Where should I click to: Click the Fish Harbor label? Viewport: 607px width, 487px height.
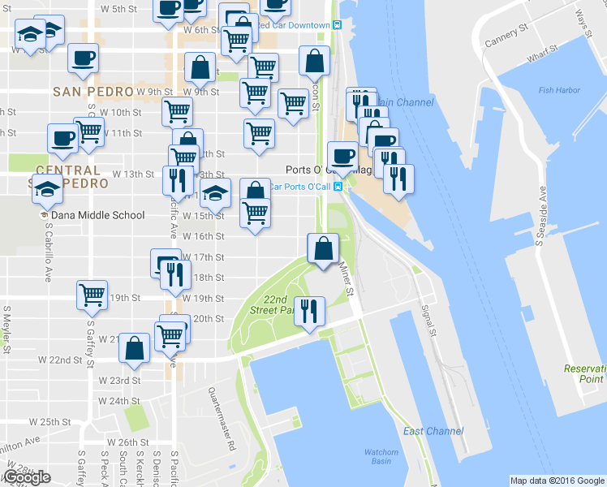click(557, 90)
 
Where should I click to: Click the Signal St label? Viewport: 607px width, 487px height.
click(429, 322)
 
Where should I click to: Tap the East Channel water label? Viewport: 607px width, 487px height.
click(433, 431)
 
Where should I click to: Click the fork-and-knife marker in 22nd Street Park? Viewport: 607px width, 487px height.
click(309, 312)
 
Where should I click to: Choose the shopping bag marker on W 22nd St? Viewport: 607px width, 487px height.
click(134, 348)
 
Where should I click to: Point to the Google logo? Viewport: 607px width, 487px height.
click(28, 477)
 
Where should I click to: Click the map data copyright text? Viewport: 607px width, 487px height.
click(557, 481)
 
